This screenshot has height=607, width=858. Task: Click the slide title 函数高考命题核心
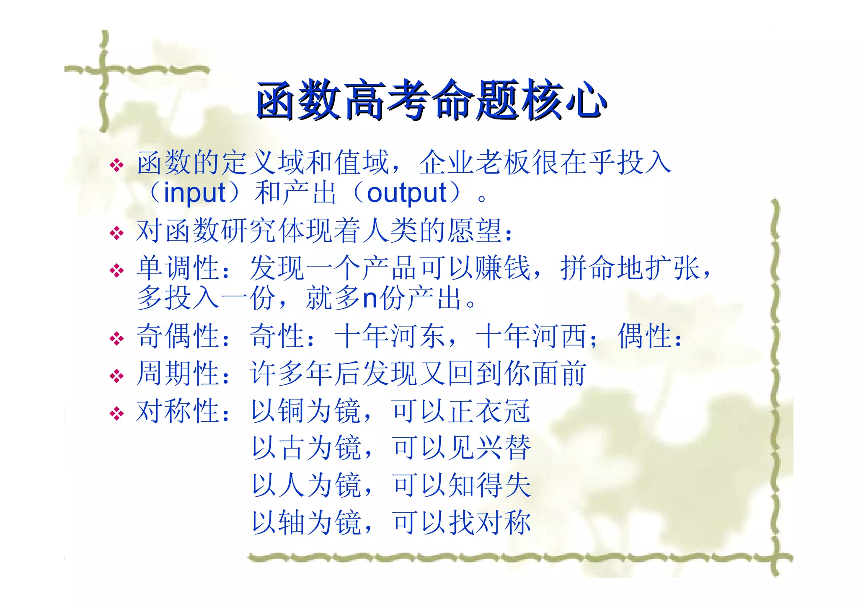point(432,101)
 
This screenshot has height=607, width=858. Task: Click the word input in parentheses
point(195,193)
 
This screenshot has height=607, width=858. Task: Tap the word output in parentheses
point(407,193)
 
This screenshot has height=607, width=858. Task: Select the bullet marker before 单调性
point(116,270)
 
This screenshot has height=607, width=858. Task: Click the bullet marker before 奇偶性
point(116,338)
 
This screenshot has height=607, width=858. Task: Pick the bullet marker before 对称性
point(116,413)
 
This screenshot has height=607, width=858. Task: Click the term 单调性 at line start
point(178,268)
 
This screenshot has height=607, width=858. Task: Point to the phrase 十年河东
point(390,336)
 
